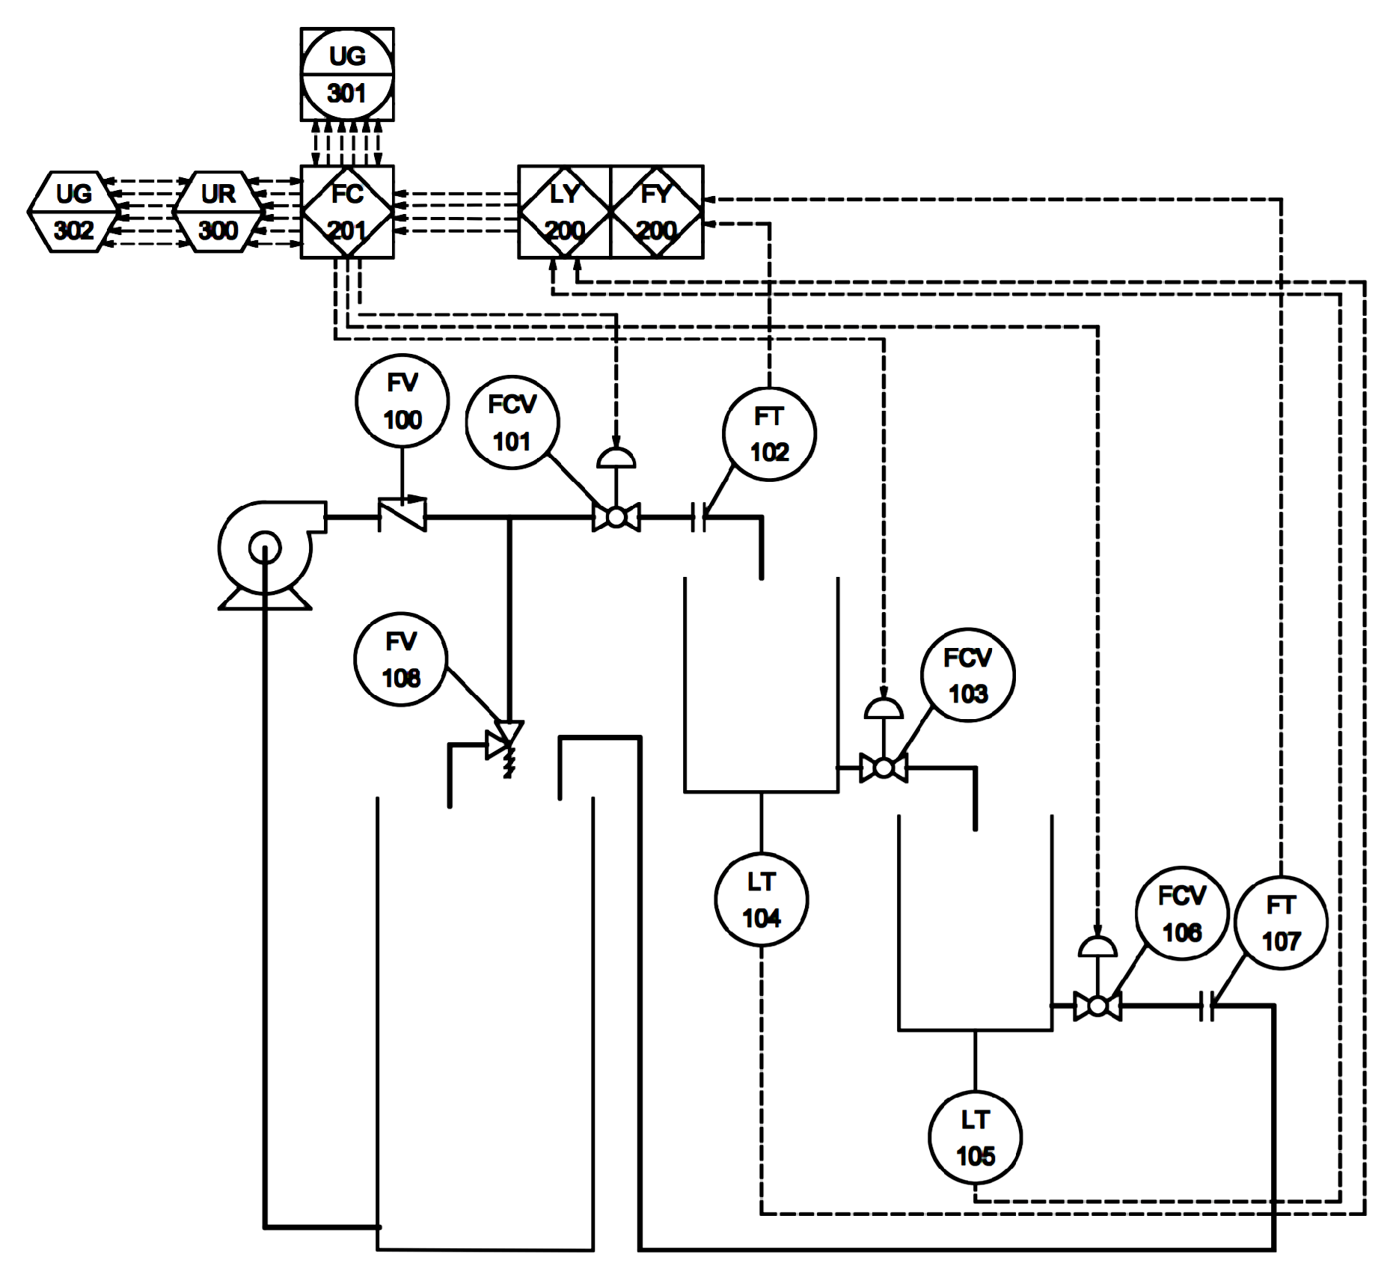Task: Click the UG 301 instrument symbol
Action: coord(347,75)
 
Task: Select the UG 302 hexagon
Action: coord(73,212)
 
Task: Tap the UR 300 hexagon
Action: coord(218,212)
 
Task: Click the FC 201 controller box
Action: coord(347,213)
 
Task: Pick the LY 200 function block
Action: coord(565,213)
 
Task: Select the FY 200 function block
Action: coord(657,213)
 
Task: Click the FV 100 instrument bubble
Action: coord(402,401)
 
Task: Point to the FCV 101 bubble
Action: coord(512,423)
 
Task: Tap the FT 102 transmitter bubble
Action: coord(769,434)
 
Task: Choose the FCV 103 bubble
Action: coord(968,675)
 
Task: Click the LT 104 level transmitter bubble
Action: coord(762,899)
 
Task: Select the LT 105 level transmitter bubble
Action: coord(976,1137)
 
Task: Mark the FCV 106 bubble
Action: coord(1182,914)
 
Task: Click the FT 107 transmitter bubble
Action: coord(1281,923)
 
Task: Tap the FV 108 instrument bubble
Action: coord(401,659)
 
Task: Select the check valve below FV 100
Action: coord(402,515)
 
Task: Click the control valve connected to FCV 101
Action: coord(616,516)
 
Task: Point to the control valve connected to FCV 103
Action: coord(884,768)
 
